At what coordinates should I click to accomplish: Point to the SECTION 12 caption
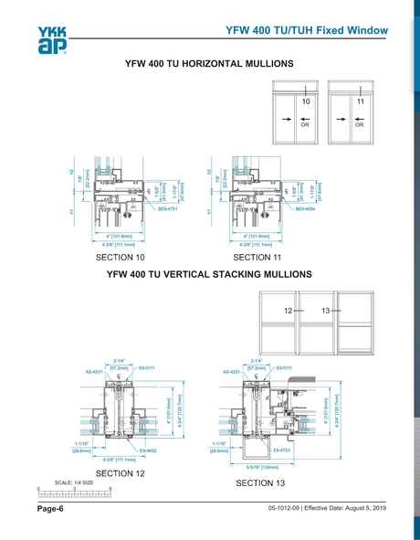(121, 472)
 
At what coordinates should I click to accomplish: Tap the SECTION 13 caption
(261, 482)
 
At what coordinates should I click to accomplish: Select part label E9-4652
(149, 450)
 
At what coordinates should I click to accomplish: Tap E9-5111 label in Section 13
(284, 367)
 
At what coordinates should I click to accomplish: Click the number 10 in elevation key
(307, 101)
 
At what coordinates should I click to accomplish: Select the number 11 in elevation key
(361, 101)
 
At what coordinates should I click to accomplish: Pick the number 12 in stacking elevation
(289, 312)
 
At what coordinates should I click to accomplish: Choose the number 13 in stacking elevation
(326, 312)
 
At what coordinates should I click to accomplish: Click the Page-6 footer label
(49, 508)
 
